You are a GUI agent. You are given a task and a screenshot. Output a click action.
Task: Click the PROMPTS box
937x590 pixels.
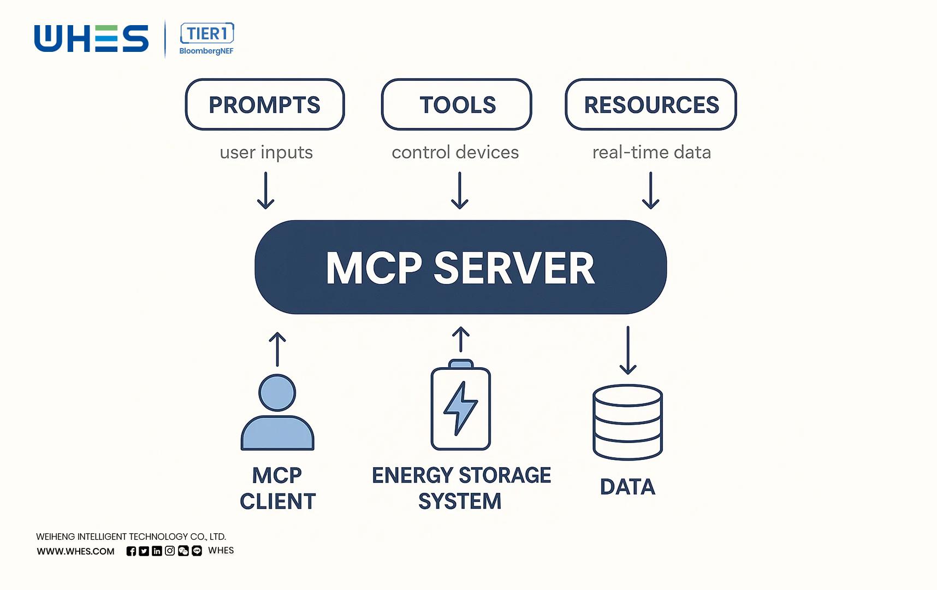click(265, 104)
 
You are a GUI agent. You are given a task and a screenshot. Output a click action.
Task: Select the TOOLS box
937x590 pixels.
click(456, 104)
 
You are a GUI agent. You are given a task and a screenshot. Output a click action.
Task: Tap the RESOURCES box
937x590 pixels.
click(651, 104)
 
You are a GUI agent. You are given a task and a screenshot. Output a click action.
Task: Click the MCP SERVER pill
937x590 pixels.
click(460, 267)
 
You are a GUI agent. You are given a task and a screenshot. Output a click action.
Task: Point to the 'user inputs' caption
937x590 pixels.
click(266, 152)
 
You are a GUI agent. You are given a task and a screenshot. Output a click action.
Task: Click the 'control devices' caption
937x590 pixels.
click(455, 152)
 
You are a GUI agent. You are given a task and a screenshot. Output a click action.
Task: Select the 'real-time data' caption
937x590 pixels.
click(651, 152)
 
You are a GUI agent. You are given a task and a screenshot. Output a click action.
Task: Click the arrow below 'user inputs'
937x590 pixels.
click(266, 191)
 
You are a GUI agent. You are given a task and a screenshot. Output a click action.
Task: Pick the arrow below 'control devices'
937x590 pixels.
click(460, 191)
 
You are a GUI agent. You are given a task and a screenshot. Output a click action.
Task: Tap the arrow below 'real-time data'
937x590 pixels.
click(650, 191)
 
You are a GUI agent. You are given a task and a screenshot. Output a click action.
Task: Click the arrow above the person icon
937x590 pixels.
click(277, 349)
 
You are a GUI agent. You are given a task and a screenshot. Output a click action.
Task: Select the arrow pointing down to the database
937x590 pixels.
click(628, 350)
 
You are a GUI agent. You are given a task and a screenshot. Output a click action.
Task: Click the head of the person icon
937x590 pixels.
click(277, 393)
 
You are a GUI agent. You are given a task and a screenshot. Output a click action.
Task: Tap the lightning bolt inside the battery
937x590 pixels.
click(460, 408)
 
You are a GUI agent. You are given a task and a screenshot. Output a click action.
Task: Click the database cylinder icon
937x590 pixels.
click(627, 422)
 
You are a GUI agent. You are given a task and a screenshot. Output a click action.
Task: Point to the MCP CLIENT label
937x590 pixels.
click(277, 488)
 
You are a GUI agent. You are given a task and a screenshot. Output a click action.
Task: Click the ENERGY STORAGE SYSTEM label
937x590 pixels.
click(461, 488)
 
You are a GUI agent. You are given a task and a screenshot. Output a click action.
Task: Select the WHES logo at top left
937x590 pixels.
click(91, 39)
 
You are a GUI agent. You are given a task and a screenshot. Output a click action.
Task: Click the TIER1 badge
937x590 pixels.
click(207, 34)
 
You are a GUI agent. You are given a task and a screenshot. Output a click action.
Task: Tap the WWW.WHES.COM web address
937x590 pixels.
click(76, 551)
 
